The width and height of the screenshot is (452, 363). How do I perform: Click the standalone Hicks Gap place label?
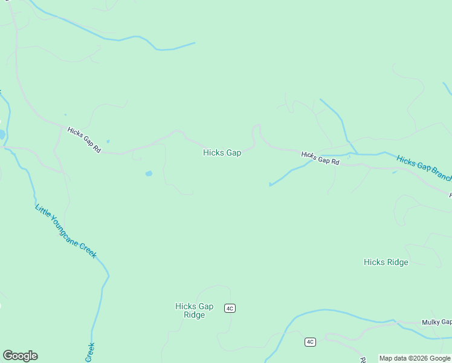pyautogui.click(x=222, y=153)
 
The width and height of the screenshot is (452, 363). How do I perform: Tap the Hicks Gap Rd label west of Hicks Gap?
pyautogui.click(x=84, y=140)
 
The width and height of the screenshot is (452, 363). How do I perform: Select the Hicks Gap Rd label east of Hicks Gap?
pyautogui.click(x=320, y=159)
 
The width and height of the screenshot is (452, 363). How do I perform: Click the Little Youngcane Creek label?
pyautogui.click(x=65, y=232)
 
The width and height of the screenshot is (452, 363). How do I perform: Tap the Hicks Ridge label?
pyautogui.click(x=386, y=262)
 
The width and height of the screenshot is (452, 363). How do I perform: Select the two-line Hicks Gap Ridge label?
pyautogui.click(x=194, y=310)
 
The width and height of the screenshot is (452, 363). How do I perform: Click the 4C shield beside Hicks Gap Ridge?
pyautogui.click(x=229, y=309)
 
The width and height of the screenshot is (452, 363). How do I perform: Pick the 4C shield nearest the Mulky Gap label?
pyautogui.click(x=310, y=342)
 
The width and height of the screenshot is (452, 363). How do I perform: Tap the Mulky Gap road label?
pyautogui.click(x=436, y=322)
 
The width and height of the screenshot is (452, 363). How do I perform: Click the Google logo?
pyautogui.click(x=20, y=356)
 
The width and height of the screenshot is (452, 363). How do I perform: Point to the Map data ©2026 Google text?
pyautogui.click(x=415, y=358)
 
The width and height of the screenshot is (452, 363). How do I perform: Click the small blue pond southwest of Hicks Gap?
pyautogui.click(x=149, y=174)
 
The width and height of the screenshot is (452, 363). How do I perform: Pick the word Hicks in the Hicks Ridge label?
pyautogui.click(x=374, y=262)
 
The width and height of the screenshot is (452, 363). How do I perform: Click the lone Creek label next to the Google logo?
pyautogui.click(x=90, y=353)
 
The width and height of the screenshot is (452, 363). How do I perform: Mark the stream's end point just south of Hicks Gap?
pyautogui.click(x=270, y=185)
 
